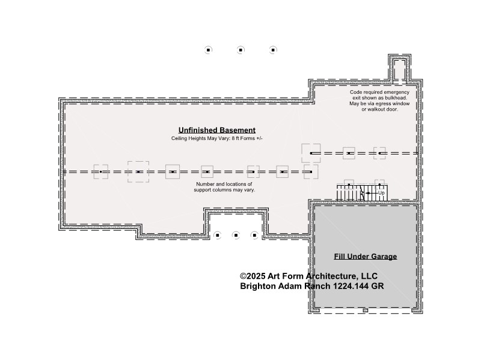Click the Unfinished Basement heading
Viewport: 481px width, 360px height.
click(217, 130)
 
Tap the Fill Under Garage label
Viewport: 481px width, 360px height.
click(366, 257)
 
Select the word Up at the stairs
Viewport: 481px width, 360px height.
click(381, 193)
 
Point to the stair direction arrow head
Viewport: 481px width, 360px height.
click(367, 193)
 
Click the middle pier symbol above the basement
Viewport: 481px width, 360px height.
click(240, 50)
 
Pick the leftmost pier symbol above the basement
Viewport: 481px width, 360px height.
click(208, 50)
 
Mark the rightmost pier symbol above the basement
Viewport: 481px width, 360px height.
click(273, 50)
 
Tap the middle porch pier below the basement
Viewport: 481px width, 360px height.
click(236, 235)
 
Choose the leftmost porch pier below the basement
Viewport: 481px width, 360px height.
click(217, 235)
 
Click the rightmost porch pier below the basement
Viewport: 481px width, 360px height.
click(254, 235)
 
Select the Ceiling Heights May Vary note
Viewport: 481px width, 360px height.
click(217, 138)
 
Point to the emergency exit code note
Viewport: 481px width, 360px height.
click(379, 100)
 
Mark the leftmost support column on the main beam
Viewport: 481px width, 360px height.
click(100, 172)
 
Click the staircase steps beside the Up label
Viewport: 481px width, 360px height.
click(362, 193)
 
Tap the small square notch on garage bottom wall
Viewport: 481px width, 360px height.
click(365, 311)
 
